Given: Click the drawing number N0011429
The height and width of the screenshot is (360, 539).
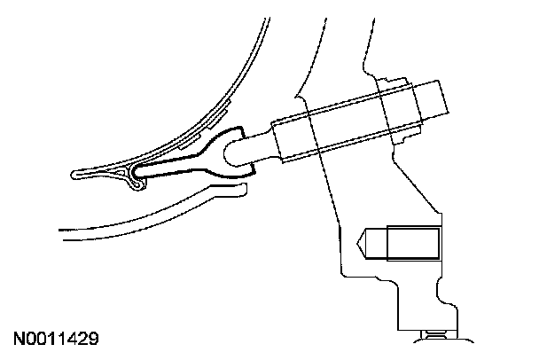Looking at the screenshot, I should point(55,339).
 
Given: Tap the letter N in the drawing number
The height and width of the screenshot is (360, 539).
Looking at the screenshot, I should point(19,339).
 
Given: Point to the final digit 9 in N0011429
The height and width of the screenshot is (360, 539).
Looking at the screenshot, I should point(92,339).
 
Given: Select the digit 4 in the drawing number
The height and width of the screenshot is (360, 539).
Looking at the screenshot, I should point(70,339).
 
